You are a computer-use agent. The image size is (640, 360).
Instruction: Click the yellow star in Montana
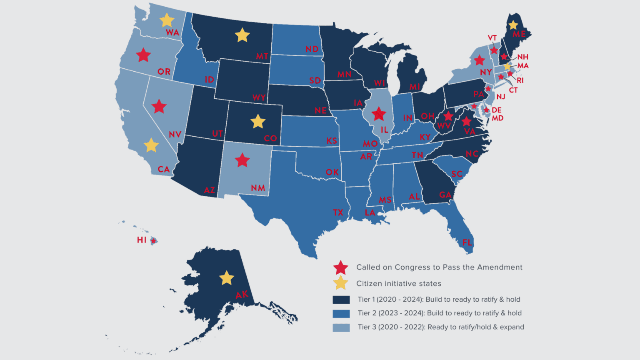[x=242, y=35]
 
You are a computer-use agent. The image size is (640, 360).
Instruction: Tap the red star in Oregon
[x=143, y=55]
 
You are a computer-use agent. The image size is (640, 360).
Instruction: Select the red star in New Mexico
[x=242, y=160]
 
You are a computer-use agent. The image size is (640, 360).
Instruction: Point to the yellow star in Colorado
[x=258, y=122]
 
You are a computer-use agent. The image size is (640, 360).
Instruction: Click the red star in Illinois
[x=379, y=113]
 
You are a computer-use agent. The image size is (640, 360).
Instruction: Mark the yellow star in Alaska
[x=226, y=278]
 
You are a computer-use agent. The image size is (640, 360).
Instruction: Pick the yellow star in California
[x=151, y=145]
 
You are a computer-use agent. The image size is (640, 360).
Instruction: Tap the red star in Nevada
[x=159, y=107]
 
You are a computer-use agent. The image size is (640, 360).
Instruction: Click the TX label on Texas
[x=338, y=212]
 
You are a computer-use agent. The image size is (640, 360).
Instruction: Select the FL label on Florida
[x=467, y=242]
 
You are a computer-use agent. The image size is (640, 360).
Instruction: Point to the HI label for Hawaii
[x=142, y=240]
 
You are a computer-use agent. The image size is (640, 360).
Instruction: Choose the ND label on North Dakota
[x=312, y=49]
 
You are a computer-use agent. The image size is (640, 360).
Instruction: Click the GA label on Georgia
[x=445, y=195]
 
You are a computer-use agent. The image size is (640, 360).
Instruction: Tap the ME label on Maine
[x=519, y=34]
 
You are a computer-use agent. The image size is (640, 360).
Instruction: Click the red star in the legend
[x=340, y=267]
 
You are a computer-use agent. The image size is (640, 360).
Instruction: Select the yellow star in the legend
[x=340, y=283]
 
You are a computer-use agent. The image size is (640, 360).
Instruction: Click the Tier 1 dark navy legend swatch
[x=341, y=300]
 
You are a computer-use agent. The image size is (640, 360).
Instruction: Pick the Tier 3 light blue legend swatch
[x=341, y=327]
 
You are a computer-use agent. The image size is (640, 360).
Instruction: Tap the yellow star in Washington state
[x=167, y=20]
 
